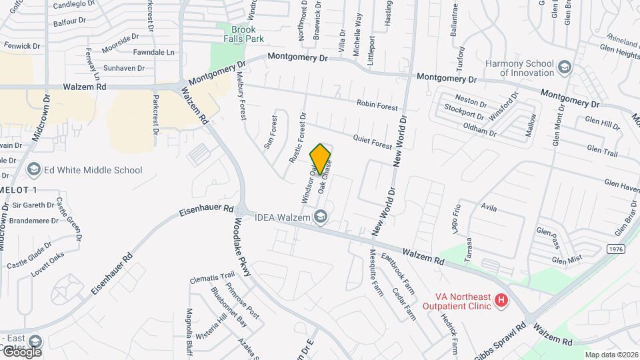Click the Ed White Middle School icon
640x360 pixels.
coord(33,170)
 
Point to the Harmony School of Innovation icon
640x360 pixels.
coord(565,67)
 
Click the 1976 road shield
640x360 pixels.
coord(617,248)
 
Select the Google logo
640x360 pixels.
coord(21,351)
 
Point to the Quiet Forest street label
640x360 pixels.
coord(373,141)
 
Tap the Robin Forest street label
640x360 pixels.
coord(377,104)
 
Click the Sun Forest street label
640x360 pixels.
coord(271,131)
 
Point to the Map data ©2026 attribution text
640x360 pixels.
coord(611,355)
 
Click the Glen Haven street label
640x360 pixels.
coord(621,184)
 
